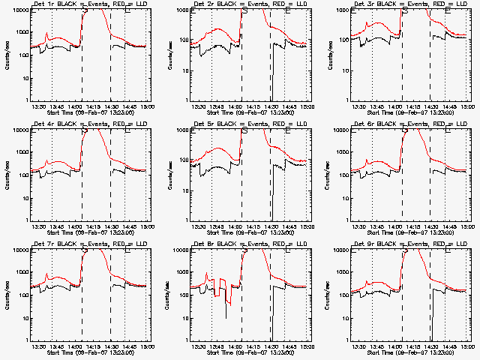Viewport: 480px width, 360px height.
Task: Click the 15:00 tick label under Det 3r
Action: pos(467,106)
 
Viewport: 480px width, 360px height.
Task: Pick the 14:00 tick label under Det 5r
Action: pos(235,226)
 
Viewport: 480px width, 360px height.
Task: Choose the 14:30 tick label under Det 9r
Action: pos(432,346)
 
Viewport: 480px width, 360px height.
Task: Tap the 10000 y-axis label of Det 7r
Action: pos(22,251)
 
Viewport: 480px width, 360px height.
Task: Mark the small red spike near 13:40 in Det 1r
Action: pos(46,34)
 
